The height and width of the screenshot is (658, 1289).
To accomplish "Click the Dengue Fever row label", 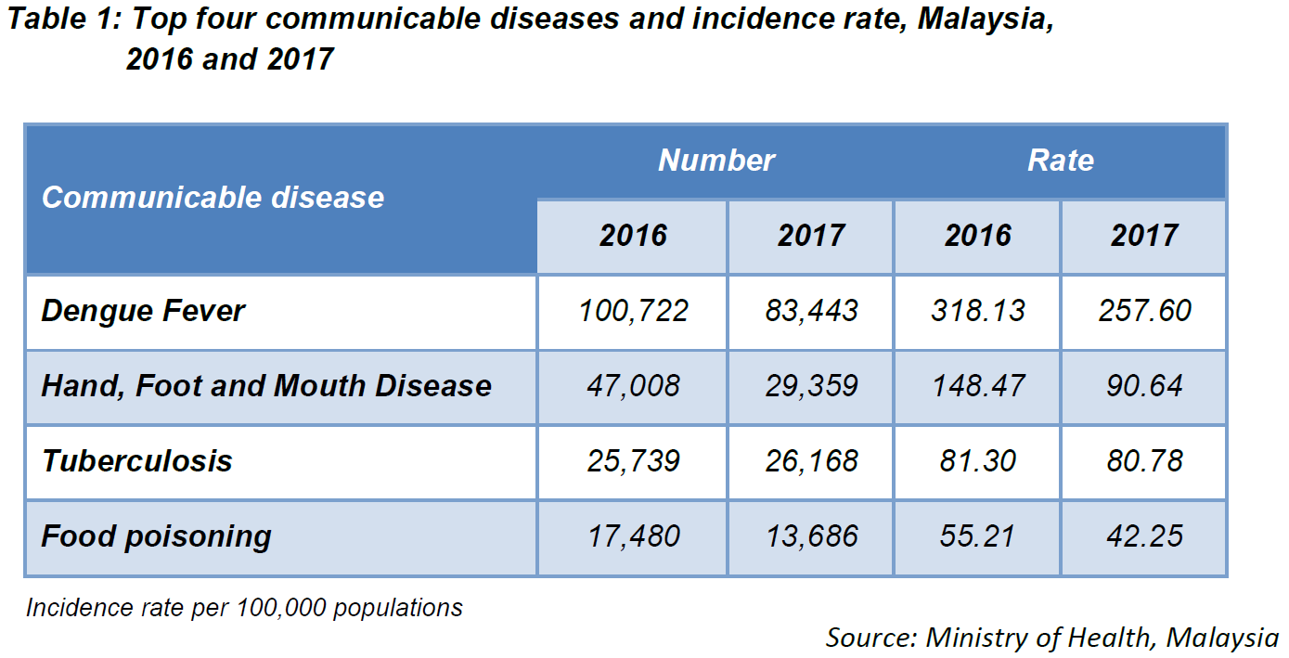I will pos(143,311).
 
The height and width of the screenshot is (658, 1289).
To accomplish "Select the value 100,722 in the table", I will pos(633,311).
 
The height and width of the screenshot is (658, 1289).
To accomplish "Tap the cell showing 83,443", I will pos(811,311).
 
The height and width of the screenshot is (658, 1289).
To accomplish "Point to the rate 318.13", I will pos(977,311).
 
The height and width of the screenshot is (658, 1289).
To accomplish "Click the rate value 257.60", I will pos(1144,311).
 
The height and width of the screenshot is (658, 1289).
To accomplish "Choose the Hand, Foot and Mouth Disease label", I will pos(266,386).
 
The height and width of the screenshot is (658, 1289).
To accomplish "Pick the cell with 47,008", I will pos(633,386).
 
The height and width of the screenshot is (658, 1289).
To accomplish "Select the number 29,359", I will pos(811,386).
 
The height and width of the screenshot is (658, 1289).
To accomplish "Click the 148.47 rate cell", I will pos(977,386).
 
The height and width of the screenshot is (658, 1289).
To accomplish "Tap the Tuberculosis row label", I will pos(136,461).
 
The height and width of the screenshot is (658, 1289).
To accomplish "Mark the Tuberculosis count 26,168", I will pos(811,461).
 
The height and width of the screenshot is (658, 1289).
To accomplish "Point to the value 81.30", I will pos(977,461).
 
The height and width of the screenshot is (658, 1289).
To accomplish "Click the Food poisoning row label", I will pos(156,536).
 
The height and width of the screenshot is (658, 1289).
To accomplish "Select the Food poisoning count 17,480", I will pos(633,536).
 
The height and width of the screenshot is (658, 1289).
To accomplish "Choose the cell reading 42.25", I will pos(1144,536).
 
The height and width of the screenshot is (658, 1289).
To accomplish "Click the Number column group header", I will pos(716,161).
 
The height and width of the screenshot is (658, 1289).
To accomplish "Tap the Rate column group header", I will pos(1060,161).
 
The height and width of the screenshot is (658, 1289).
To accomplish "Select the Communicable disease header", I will pos(213,198).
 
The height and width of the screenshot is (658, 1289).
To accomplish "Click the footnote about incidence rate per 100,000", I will pos(244,608).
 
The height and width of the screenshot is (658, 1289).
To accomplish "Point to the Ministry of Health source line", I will pos(1051,639).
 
